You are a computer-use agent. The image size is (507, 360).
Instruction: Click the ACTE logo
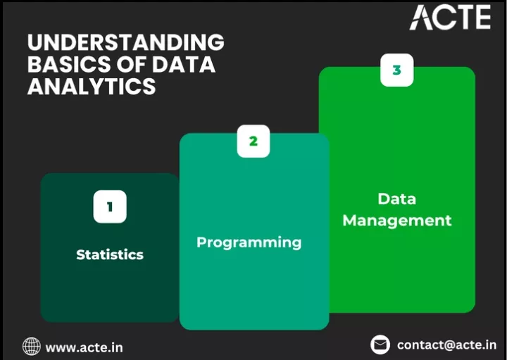point(450,17)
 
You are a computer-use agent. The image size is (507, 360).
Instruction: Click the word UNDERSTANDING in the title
point(126,42)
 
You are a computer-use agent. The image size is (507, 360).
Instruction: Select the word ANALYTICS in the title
point(92,86)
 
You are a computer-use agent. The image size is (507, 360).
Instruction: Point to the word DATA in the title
point(183,64)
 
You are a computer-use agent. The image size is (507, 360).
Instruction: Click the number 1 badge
point(110,206)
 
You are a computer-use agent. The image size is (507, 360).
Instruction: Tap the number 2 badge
point(254,142)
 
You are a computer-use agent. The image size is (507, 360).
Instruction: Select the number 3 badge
point(396,70)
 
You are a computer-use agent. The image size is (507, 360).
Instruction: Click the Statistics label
point(110,254)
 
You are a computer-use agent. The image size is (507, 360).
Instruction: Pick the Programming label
point(249,242)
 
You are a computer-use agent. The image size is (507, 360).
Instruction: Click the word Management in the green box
point(397,221)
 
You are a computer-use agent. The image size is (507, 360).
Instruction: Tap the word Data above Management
point(396,199)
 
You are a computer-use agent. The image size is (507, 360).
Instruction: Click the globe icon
point(32,346)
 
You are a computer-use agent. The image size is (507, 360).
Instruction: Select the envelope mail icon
point(380,345)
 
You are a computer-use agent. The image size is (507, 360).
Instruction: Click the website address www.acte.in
point(84,348)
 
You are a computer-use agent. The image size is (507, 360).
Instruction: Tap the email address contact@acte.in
point(446,345)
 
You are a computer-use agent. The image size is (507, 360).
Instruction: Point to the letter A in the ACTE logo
point(421,18)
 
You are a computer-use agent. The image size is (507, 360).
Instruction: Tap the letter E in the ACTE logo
point(483,17)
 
